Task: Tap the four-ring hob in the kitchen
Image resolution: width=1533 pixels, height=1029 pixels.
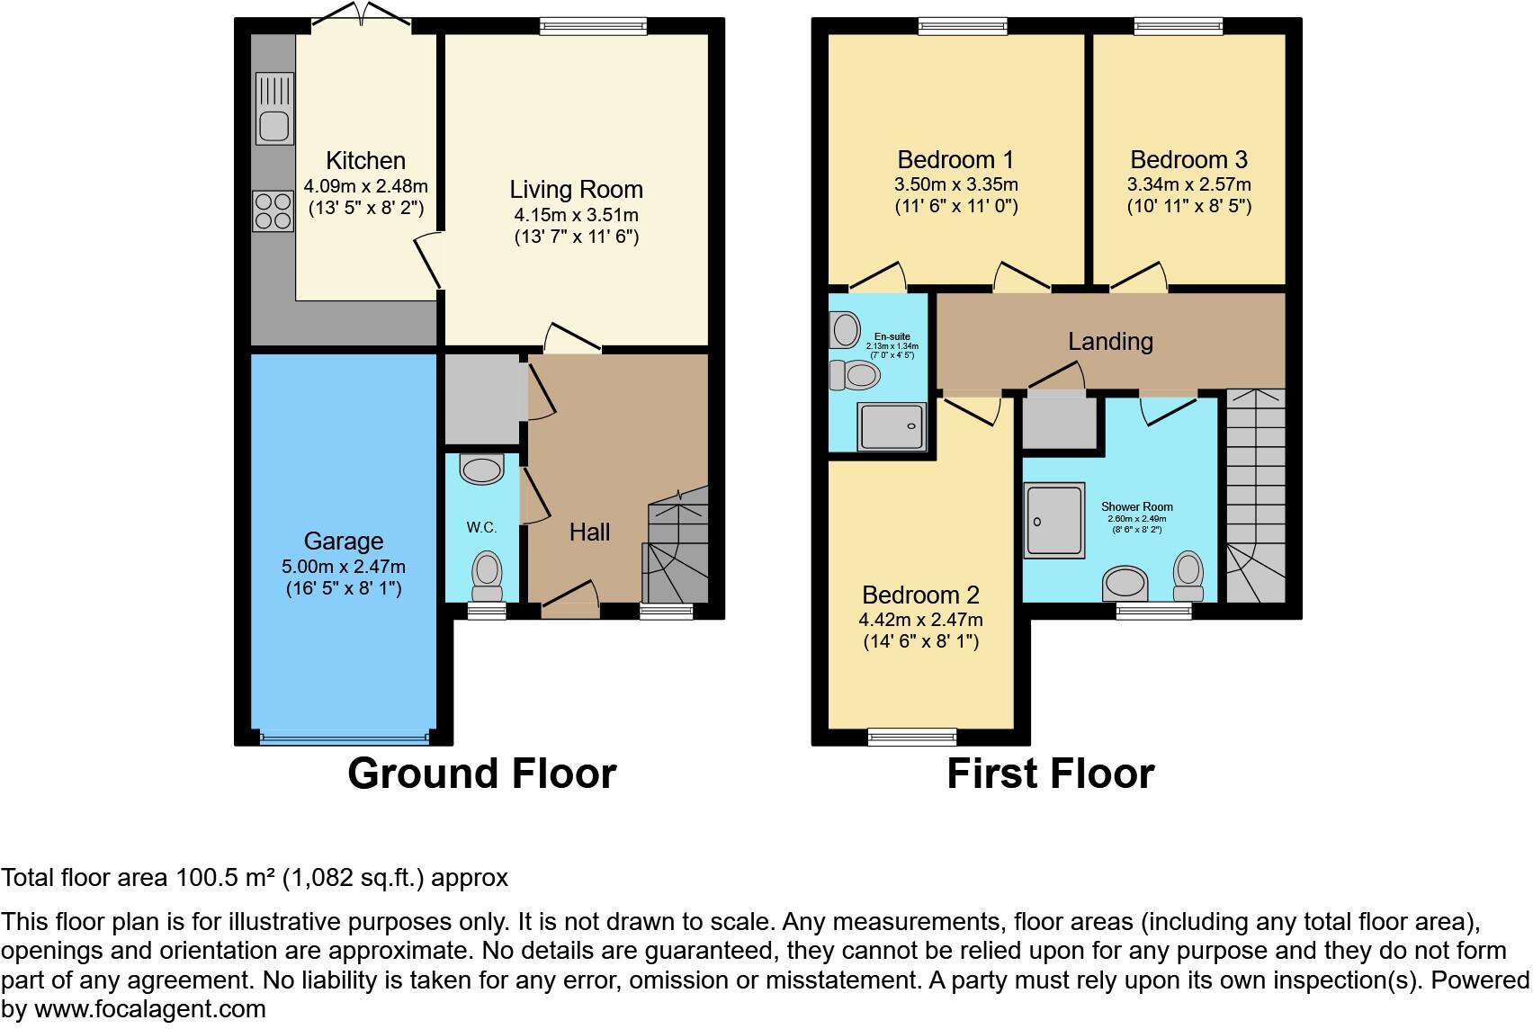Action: point(273,211)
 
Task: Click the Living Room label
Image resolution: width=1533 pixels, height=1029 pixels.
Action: point(576,190)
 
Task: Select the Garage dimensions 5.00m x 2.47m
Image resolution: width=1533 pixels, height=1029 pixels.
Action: point(343,567)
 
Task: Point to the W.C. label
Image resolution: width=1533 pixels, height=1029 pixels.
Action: point(481,527)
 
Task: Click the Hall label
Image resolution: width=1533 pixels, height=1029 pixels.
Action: point(589,532)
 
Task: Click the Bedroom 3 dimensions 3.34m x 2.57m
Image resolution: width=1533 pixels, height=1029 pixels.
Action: point(1188,184)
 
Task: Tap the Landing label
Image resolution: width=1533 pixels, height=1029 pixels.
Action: point(1110,342)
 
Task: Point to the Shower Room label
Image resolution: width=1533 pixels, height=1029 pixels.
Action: point(1137,506)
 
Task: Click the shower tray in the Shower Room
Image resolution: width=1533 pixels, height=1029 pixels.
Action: point(1053,521)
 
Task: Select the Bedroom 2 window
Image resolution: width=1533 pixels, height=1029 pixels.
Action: point(912,738)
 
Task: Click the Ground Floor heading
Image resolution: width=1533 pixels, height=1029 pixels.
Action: point(481,774)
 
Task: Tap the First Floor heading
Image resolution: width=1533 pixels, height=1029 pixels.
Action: point(1050,774)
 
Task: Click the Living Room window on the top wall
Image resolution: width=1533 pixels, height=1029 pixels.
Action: point(593,27)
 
